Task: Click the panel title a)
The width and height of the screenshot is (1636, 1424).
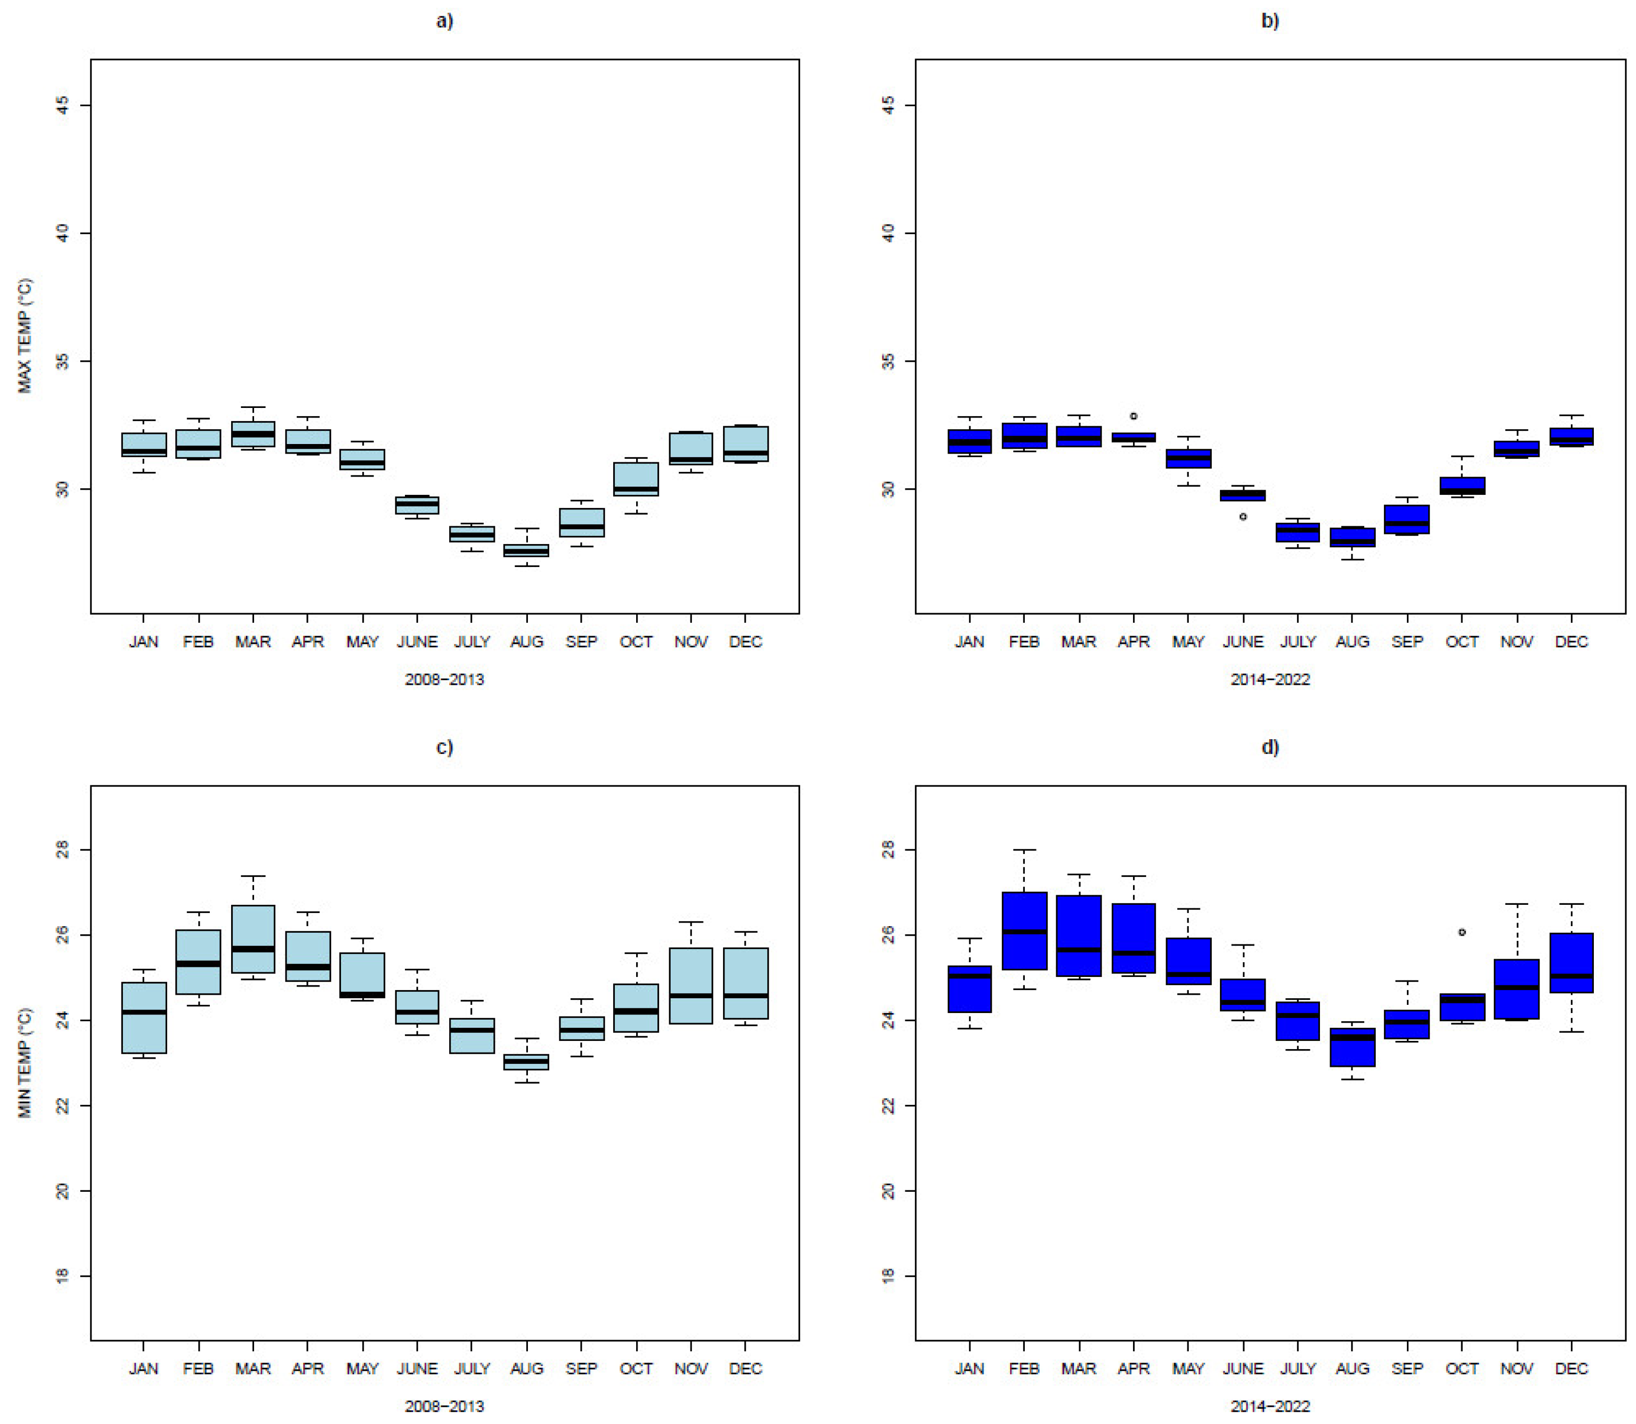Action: coord(444,21)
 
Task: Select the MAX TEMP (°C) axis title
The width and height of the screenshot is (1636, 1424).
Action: coord(24,335)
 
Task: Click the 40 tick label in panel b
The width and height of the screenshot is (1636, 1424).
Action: coord(888,233)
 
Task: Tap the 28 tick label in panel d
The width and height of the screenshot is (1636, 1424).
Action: coord(888,849)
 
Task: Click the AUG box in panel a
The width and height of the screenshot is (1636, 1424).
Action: coord(526,550)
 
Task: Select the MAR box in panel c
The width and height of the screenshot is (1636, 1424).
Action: coord(253,938)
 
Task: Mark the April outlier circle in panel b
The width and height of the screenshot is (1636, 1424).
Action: coord(1133,416)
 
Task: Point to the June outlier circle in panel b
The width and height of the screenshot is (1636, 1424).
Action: coord(1243,517)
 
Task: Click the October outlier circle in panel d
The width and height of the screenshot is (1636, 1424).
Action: coord(1461,932)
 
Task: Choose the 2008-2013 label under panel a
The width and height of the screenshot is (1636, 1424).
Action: coord(444,679)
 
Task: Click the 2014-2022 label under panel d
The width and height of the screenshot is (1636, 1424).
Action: coord(1270,1406)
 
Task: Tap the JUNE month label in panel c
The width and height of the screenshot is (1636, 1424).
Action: coord(417,1369)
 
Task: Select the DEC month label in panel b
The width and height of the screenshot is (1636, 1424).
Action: coord(1571,641)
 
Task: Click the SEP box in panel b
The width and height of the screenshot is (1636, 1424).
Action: coord(1406,519)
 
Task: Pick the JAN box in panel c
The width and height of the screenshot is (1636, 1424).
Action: coord(144,1018)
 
